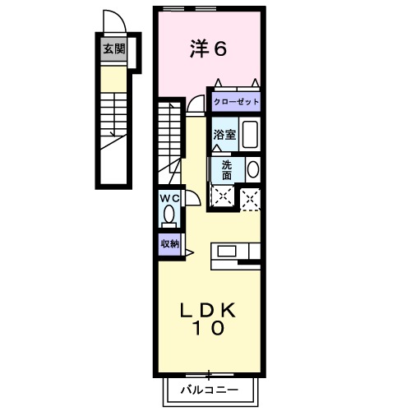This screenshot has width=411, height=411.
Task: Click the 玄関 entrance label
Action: pyautogui.click(x=114, y=48)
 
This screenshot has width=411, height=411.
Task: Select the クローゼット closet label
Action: pyautogui.click(x=237, y=102)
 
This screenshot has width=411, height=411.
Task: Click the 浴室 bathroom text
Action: pyautogui.click(x=225, y=135)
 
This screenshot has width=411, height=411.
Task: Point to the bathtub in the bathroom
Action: pyautogui.click(x=251, y=135)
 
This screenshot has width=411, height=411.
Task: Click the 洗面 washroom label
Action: pyautogui.click(x=226, y=169)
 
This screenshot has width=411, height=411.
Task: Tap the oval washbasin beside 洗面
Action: pyautogui.click(x=252, y=169)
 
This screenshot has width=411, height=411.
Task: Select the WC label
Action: pyautogui.click(x=169, y=198)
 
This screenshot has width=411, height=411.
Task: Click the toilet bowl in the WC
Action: pyautogui.click(x=169, y=215)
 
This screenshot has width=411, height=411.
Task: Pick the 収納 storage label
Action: pyautogui.click(x=169, y=243)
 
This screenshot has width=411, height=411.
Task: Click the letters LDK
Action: pyautogui.click(x=209, y=310)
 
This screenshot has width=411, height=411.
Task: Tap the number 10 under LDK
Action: pyautogui.click(x=209, y=329)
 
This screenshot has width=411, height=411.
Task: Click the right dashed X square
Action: pyautogui.click(x=251, y=196)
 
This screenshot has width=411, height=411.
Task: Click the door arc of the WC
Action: pyautogui.click(x=192, y=198)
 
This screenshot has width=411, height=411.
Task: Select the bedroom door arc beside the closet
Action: pyautogui.click(x=195, y=104)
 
